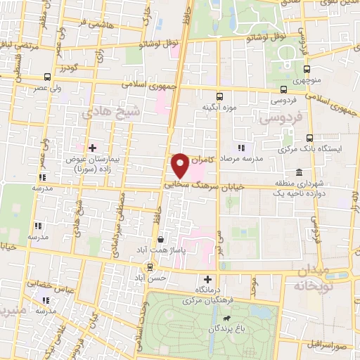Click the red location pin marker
pos(181,165)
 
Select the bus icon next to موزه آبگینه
pos(219,96)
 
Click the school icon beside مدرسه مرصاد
pos(242,148)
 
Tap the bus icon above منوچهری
pos(307,69)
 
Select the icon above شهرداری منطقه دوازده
pos(300,173)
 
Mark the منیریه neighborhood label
pos(14,310)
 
